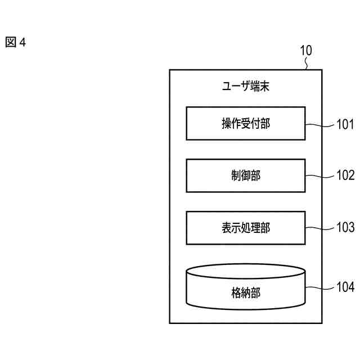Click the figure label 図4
(16, 43)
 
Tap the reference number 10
(305, 51)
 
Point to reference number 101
(345, 123)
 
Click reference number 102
(345, 175)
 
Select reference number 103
(345, 228)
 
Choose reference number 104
(345, 287)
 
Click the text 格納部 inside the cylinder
(246, 292)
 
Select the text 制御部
(246, 176)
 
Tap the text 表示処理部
(246, 228)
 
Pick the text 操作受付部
(246, 124)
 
